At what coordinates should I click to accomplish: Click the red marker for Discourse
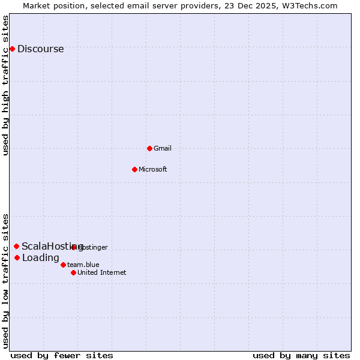[12, 49]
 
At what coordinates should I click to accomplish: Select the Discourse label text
[40, 49]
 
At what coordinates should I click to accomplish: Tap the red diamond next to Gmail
[149, 148]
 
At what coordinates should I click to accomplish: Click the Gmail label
[163, 148]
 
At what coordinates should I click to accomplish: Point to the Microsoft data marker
[134, 169]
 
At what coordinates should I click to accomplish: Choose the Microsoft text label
[152, 169]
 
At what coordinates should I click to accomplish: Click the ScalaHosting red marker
[16, 246]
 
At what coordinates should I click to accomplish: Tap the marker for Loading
[17, 257]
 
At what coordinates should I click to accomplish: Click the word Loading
[40, 258]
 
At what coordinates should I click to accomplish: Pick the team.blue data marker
[63, 265]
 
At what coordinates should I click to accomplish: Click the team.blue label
[83, 265]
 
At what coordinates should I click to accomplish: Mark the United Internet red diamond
[73, 272]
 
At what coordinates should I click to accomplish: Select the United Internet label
[101, 272]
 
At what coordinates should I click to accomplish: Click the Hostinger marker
[73, 247]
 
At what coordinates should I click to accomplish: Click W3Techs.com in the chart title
[310, 5]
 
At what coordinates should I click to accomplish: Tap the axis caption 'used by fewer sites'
[62, 355]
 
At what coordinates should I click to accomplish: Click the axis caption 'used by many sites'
[301, 355]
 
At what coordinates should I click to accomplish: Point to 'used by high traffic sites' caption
[5, 85]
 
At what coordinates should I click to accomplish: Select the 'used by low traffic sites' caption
[5, 280]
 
